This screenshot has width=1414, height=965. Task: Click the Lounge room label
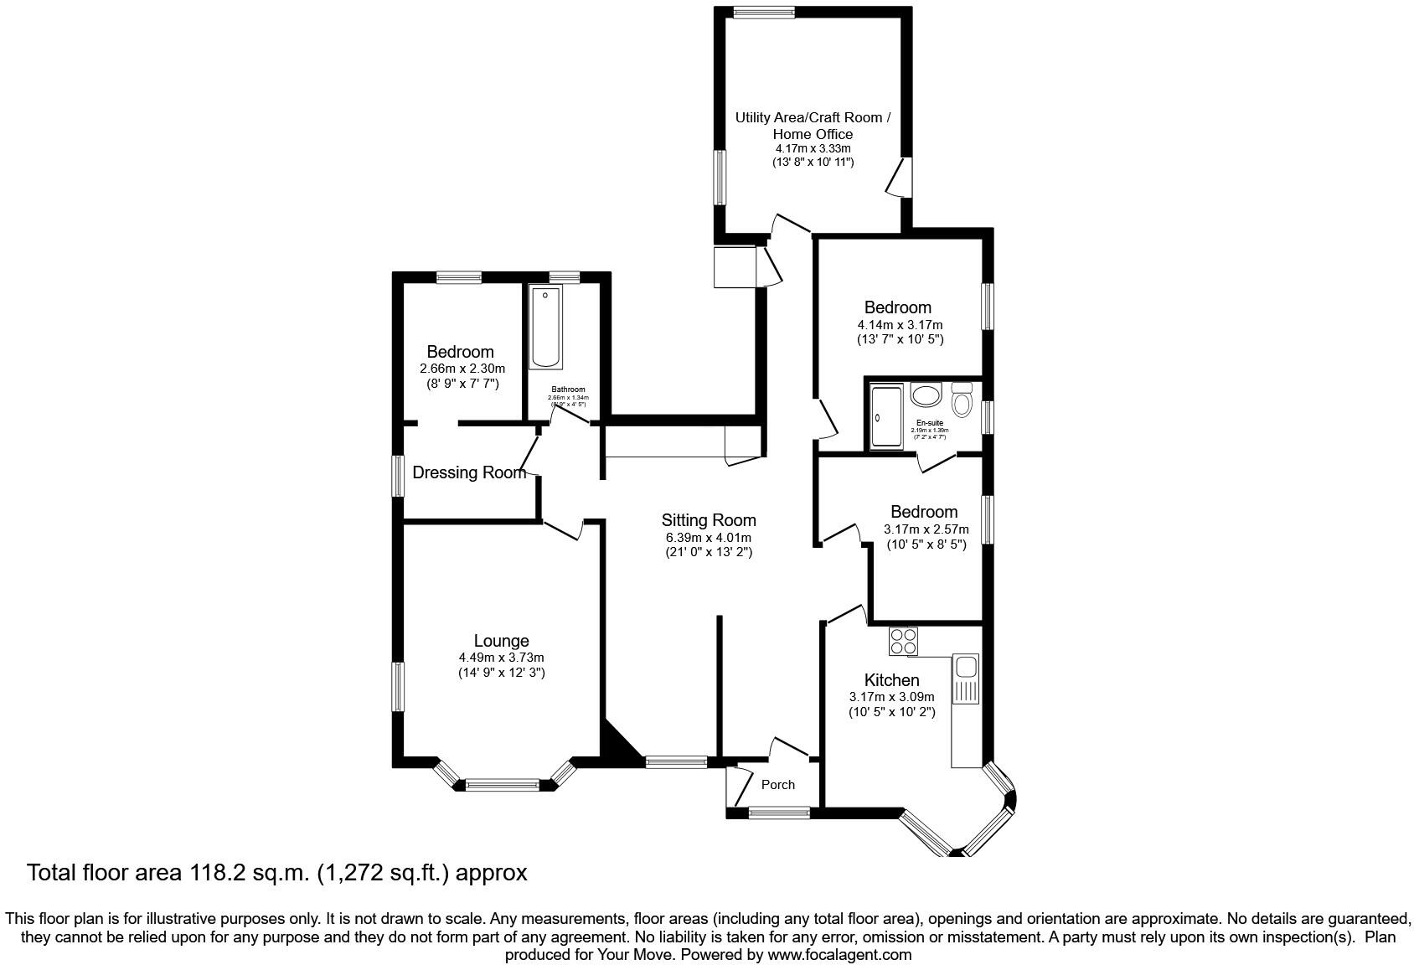501,642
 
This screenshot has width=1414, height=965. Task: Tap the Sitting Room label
708,520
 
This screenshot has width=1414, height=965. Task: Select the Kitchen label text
891,680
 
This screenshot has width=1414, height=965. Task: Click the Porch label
778,785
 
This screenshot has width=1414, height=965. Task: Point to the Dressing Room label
468,472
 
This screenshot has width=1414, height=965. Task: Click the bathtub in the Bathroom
545,328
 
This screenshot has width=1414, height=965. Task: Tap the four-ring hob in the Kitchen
903,642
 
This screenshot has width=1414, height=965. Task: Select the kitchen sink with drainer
965,679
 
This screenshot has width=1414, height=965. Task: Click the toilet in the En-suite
962,401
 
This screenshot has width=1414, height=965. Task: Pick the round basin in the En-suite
926,395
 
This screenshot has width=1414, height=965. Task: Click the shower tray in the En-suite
886,416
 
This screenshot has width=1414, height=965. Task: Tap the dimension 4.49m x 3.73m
501,658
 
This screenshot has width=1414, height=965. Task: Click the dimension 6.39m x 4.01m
708,537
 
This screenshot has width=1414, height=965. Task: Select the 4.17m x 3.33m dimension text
813,148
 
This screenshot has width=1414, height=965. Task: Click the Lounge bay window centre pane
502,785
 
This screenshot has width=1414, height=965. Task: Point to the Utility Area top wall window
763,13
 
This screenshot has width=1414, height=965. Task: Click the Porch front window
779,811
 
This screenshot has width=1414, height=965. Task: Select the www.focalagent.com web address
839,954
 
